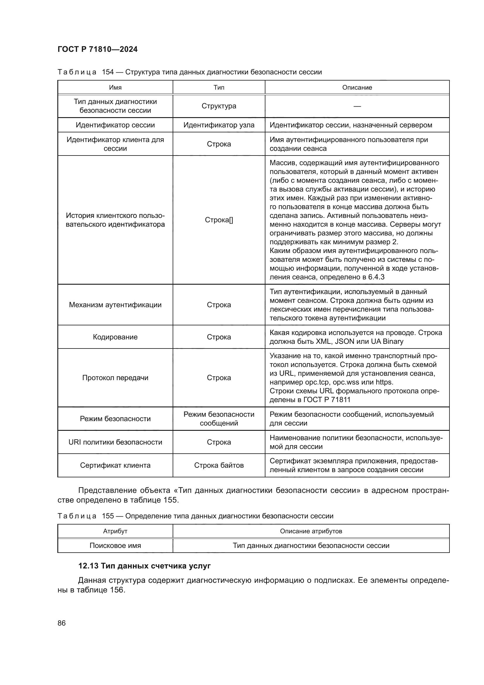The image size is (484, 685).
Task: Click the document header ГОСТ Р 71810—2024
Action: coord(97,49)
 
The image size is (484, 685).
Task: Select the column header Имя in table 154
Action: coord(115,87)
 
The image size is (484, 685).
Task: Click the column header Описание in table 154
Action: coord(357,87)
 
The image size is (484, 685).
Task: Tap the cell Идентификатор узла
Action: coord(219,125)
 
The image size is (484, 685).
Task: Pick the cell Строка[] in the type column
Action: coord(219,220)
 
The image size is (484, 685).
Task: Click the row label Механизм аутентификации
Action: coord(115,305)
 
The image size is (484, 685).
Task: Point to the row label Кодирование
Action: coord(115,337)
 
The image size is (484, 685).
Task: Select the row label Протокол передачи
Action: coord(115,378)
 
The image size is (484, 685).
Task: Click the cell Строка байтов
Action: coord(219,465)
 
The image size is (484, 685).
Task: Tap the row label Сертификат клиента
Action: coord(115,465)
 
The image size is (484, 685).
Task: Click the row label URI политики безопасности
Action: coord(115,442)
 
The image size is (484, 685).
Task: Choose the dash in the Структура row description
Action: coord(357,106)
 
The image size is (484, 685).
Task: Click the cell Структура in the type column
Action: coord(219,106)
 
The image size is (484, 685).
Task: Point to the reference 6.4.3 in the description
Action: coord(376,277)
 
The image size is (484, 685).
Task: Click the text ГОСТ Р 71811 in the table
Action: coord(327,400)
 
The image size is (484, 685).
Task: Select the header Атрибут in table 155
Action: coord(115,531)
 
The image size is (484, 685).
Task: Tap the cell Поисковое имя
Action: coord(115,545)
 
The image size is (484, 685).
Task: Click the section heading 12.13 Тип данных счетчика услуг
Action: coord(144,566)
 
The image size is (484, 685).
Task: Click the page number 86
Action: coord(61,623)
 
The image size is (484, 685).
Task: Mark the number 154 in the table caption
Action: coord(108,72)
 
